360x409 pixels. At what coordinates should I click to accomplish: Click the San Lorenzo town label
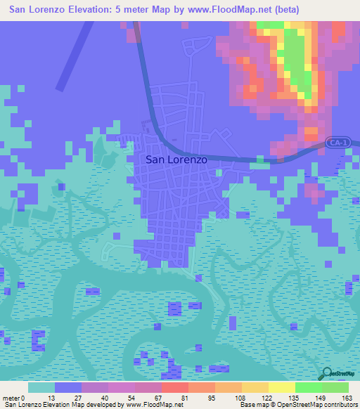click(176, 160)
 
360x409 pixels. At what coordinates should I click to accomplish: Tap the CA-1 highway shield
click(336, 143)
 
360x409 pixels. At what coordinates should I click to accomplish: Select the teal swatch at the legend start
click(41, 387)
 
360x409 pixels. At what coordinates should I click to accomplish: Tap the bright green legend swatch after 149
click(335, 387)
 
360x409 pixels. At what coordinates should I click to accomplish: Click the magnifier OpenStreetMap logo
click(326, 373)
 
